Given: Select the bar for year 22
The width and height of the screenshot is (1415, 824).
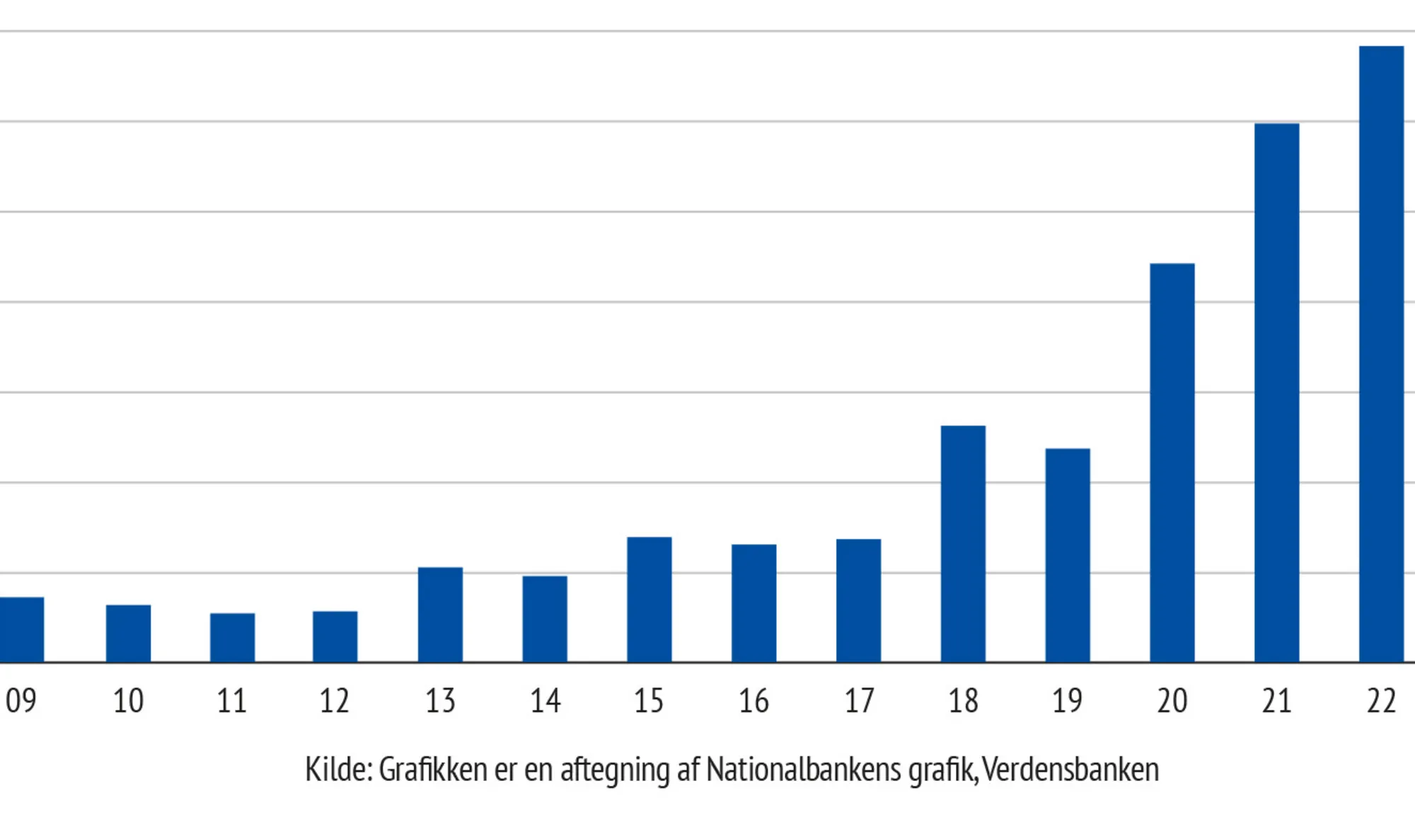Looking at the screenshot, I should point(1381,354).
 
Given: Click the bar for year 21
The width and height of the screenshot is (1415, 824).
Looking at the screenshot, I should point(1276,393).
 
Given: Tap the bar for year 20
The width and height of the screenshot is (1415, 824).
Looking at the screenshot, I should point(1172,463).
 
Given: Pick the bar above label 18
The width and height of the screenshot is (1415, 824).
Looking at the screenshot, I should point(963,544).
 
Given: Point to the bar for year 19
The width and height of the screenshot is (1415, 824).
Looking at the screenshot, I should point(1068,555).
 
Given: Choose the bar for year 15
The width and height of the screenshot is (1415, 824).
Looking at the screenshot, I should point(649,600).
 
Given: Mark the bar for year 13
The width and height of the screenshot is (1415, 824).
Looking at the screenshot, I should point(440,615).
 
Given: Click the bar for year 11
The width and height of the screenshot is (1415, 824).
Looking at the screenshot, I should point(232,637).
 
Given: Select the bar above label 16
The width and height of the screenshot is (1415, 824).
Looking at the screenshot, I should point(753,603).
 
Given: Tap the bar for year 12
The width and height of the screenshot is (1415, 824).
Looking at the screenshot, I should point(335,637).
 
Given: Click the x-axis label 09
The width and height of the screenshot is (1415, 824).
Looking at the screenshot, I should point(21,701).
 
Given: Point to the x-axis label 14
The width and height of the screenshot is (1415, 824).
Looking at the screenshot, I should point(545,701).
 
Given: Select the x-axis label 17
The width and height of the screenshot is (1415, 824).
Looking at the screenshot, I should point(859,701).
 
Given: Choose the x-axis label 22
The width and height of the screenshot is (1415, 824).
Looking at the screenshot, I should point(1381,701).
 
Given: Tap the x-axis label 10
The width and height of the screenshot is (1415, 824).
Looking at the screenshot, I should point(128,701).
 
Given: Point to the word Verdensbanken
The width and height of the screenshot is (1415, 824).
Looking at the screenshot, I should point(1070,770).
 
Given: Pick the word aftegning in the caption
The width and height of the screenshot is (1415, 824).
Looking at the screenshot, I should point(614,770).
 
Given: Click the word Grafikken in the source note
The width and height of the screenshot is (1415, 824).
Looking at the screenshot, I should point(432,770).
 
